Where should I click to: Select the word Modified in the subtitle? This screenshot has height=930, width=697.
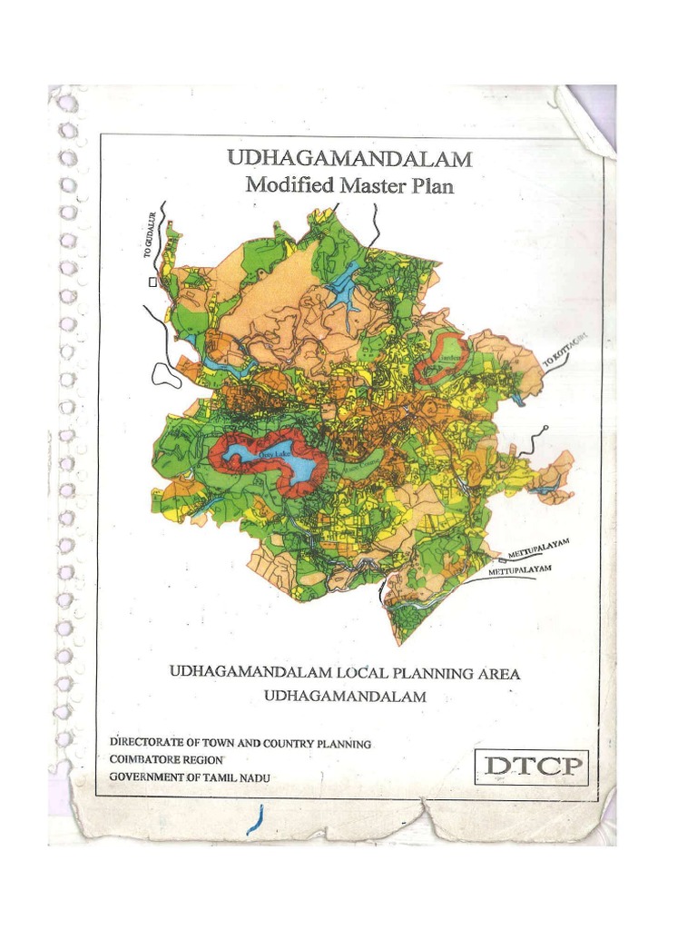point(281,186)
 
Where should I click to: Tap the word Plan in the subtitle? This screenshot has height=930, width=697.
point(430,187)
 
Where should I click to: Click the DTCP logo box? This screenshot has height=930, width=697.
point(532,767)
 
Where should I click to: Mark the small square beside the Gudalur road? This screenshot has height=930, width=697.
point(152,282)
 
